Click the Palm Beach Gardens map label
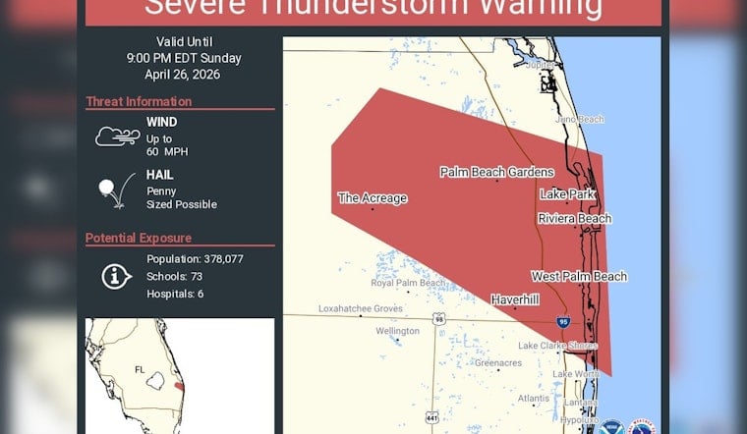tap(496, 172)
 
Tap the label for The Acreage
tap(373, 198)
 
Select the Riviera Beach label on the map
tap(574, 218)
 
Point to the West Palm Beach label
tap(579, 276)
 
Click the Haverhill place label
tap(515, 299)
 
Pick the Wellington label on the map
tap(397, 331)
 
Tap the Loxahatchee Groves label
tap(361, 308)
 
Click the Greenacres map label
tap(498, 362)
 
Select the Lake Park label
tap(567, 194)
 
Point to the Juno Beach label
tap(579, 119)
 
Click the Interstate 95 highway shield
tap(561, 320)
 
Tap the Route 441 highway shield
tap(431, 418)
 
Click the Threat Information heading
tap(138, 101)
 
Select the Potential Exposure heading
tap(139, 238)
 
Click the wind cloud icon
tap(117, 136)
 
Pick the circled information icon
tap(117, 276)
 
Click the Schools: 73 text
tap(175, 276)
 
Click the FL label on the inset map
tap(140, 369)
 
